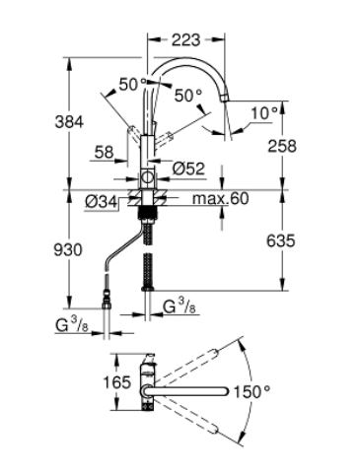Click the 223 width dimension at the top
pos(185,40)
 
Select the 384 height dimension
pos(69,122)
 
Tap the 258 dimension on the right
pos(282,146)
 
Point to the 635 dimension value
pos(281,241)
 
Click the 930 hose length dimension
pos(68,250)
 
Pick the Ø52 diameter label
pos(188,169)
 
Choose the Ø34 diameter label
pos(101,203)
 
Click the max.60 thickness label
pos(221,199)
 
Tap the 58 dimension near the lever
pos(104,153)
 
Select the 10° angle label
pos(264,113)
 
